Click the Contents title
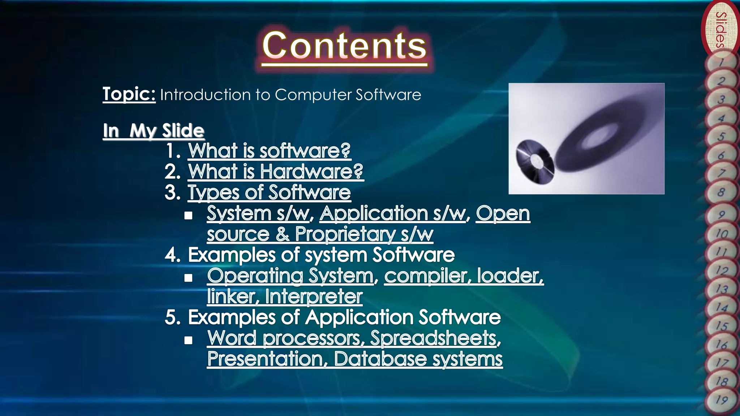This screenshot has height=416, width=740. click(344, 46)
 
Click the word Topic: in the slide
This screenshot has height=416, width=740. click(129, 94)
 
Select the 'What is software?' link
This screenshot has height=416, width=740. click(269, 151)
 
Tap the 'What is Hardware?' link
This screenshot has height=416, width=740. click(275, 172)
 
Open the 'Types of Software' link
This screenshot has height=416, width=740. click(269, 192)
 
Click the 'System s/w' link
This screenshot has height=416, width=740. click(258, 213)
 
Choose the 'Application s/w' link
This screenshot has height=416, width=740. click(392, 213)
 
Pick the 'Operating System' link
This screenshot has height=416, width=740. click(290, 276)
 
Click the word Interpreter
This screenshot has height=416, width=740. click(314, 297)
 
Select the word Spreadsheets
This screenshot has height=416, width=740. click(435, 338)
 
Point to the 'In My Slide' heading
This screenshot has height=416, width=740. click(154, 130)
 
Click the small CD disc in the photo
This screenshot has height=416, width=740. click(534, 162)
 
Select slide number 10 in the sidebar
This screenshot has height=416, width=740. click(722, 234)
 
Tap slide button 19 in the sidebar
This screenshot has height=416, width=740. click(722, 400)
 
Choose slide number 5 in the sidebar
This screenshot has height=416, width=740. click(721, 136)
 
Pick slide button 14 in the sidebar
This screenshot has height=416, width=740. click(722, 307)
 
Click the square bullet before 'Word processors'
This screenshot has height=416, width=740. click(188, 340)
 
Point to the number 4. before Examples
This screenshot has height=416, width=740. click(173, 255)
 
